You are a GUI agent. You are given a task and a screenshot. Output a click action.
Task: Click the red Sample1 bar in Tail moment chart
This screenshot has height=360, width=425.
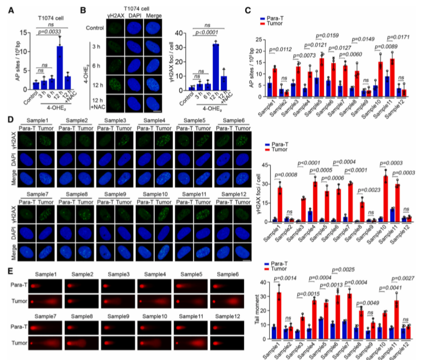[x=279, y=310]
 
